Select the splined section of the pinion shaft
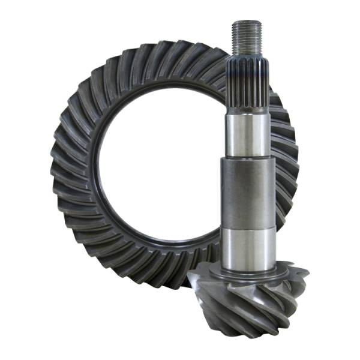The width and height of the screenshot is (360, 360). (247, 84)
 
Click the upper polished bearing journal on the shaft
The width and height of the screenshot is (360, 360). (247, 135)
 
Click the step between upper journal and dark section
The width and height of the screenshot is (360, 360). (247, 158)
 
